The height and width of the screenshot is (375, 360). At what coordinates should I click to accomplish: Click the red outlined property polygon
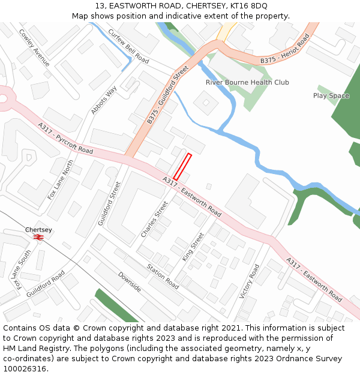(x=182, y=166)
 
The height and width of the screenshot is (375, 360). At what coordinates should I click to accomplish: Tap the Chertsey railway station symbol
(x=39, y=237)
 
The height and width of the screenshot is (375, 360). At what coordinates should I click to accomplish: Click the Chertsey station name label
(x=38, y=229)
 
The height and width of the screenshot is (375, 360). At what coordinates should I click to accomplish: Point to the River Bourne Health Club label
(x=247, y=82)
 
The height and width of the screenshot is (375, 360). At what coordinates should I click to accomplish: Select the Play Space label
(x=331, y=95)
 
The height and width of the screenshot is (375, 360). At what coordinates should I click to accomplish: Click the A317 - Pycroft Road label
(x=65, y=138)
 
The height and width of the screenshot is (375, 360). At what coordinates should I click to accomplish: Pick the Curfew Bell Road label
(x=128, y=46)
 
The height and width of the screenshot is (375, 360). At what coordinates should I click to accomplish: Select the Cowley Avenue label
(x=34, y=49)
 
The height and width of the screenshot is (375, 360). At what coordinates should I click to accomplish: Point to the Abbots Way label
(x=104, y=101)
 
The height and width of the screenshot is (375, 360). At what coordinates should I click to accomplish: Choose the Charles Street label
(x=154, y=218)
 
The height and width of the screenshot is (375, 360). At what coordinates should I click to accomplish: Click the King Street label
(x=193, y=247)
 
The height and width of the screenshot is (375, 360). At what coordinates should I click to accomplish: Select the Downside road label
(x=129, y=281)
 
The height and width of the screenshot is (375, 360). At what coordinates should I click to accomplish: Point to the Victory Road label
(x=249, y=281)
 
